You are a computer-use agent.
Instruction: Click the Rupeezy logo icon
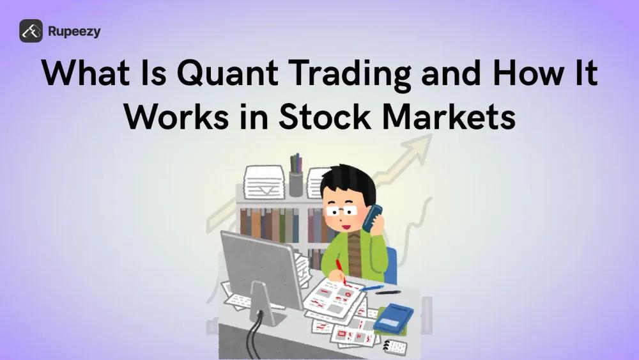[31, 31]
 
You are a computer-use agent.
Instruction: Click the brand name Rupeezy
[74, 31]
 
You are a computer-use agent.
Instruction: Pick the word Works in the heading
[172, 118]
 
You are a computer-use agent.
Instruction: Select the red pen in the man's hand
[342, 271]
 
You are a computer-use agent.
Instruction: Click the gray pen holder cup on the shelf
[295, 184]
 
